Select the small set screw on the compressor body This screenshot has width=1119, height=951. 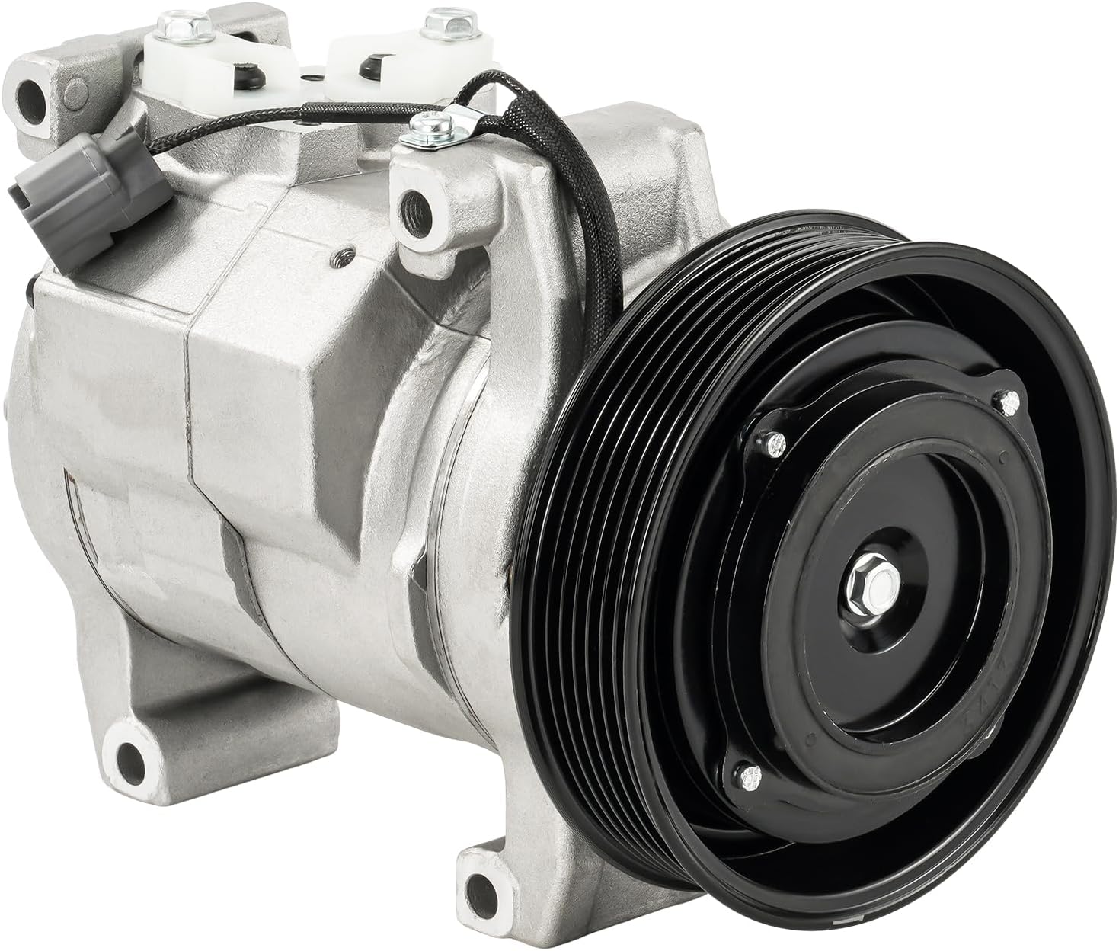click(x=347, y=258)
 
